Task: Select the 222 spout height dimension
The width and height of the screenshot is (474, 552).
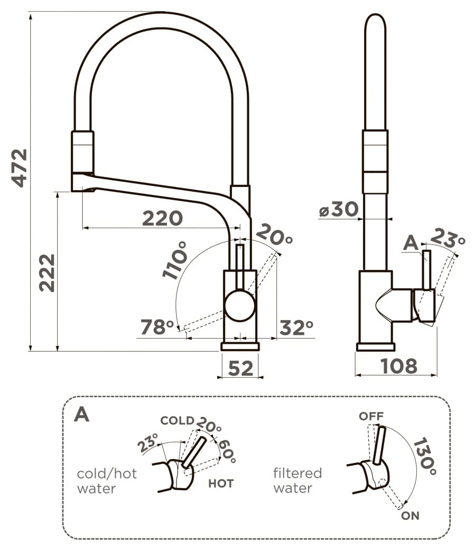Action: (x=47, y=273)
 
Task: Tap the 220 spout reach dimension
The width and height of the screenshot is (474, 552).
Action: (x=162, y=218)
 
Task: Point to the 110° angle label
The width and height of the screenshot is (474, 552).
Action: (x=175, y=260)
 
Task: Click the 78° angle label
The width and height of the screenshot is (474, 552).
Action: (x=157, y=327)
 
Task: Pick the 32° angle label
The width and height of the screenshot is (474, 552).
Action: (x=296, y=328)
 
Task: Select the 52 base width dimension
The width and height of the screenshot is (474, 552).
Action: (x=241, y=368)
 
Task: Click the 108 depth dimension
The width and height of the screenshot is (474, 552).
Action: (x=399, y=366)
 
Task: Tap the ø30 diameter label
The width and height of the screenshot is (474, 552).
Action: (x=338, y=209)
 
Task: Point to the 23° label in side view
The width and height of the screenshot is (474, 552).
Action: (x=447, y=238)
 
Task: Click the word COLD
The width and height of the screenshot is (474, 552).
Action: (x=177, y=420)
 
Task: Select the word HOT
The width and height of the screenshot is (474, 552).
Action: (x=221, y=483)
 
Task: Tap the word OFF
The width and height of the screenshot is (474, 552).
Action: (x=371, y=416)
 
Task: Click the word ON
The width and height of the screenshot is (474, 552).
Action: (x=410, y=516)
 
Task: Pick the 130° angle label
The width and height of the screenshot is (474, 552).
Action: (x=425, y=456)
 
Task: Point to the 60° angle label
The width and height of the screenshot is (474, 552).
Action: (x=227, y=451)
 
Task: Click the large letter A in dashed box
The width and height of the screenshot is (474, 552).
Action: (x=82, y=414)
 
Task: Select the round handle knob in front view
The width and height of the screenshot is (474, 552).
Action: (x=239, y=305)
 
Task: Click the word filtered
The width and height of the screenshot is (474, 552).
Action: (x=298, y=473)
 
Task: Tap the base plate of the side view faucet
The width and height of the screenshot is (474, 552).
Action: (x=375, y=347)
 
